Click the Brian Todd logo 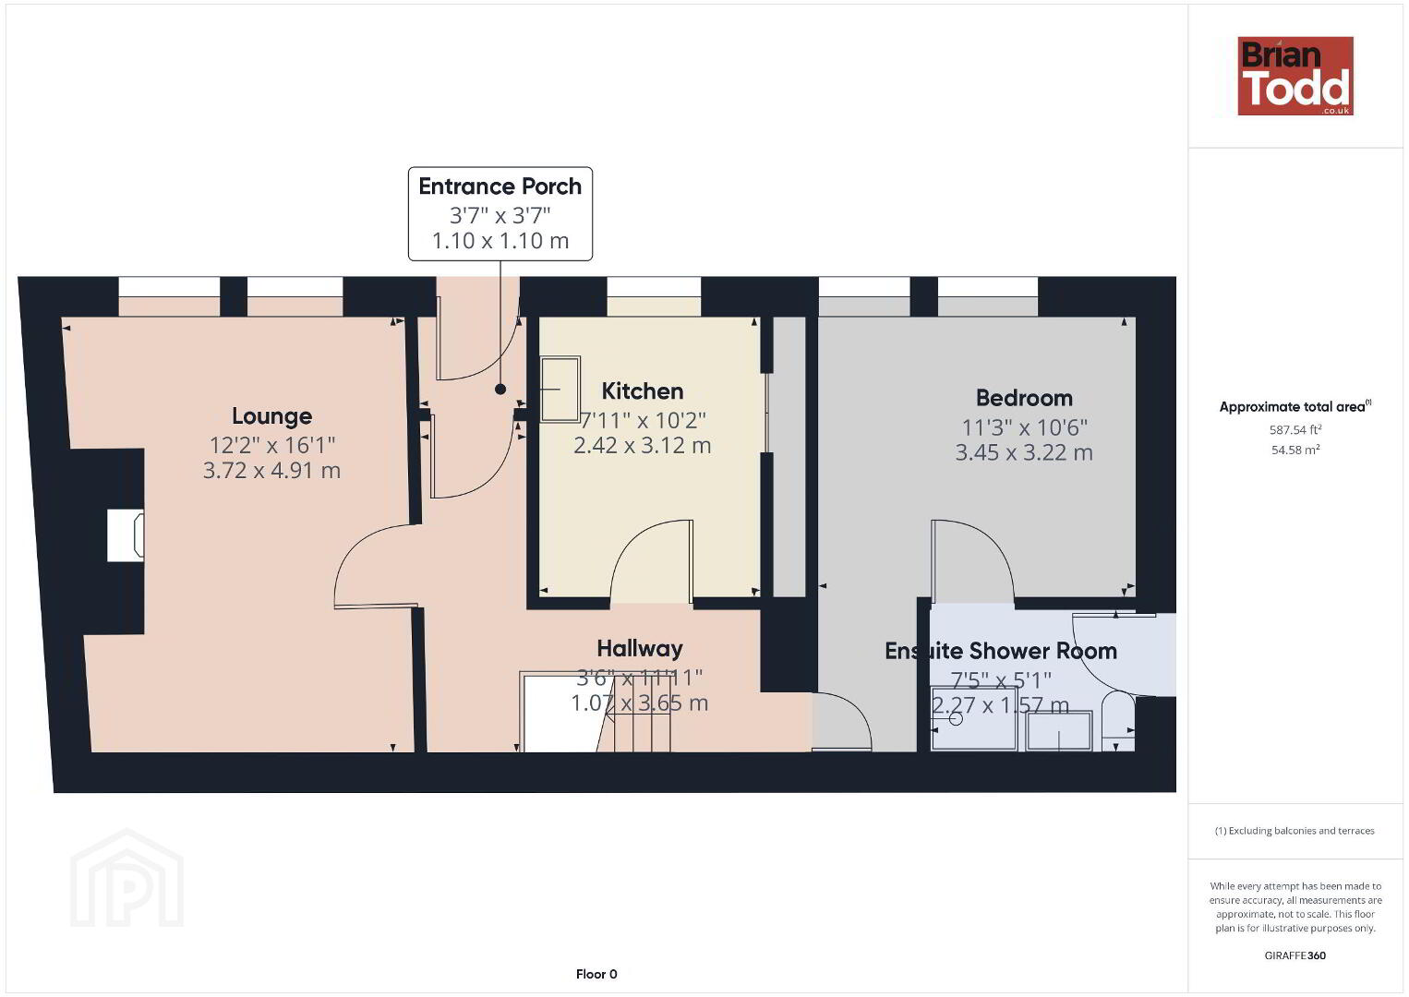click(x=1295, y=76)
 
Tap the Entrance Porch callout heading click(x=500, y=186)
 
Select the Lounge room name click(x=271, y=416)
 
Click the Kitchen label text click(x=643, y=391)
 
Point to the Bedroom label click(x=1024, y=398)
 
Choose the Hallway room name click(x=640, y=649)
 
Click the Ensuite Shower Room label click(x=1001, y=651)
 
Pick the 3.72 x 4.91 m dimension click(x=271, y=471)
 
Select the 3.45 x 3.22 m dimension click(x=1024, y=452)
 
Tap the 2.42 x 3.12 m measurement click(x=643, y=445)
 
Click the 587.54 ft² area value click(x=1295, y=430)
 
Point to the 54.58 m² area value click(x=1295, y=450)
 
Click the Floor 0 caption click(x=596, y=974)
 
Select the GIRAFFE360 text click(x=1295, y=955)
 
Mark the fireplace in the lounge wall click(x=126, y=535)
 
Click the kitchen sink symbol click(x=560, y=390)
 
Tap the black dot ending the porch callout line click(x=500, y=390)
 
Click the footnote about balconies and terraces click(x=1295, y=831)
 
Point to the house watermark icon click(x=126, y=878)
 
